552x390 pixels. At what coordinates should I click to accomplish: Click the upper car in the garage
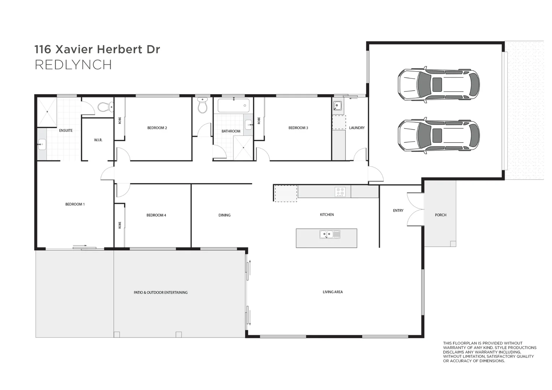[439, 84]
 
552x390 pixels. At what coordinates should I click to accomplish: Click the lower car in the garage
[439, 135]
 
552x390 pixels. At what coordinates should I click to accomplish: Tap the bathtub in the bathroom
[233, 105]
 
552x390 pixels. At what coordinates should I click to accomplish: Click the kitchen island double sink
[329, 234]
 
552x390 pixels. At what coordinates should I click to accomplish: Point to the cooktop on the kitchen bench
[340, 191]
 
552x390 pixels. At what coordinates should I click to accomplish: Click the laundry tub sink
[337, 106]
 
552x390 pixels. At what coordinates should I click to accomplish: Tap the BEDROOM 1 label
[75, 204]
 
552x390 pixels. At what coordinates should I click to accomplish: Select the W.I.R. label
[98, 140]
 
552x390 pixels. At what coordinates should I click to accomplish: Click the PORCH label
[440, 215]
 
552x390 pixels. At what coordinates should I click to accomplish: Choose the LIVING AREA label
[332, 292]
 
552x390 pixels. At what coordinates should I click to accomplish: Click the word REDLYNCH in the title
[73, 65]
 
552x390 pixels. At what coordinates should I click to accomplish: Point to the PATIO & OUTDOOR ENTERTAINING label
[160, 292]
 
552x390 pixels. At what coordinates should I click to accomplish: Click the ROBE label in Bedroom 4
[120, 225]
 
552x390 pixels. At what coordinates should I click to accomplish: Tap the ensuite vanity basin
[42, 144]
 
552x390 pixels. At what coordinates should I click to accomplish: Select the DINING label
[224, 215]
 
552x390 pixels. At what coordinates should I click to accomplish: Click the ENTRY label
[398, 211]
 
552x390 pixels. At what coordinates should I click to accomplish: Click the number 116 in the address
[43, 49]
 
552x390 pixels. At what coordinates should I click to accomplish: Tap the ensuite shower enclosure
[47, 112]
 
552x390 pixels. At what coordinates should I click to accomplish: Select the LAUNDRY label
[357, 128]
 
